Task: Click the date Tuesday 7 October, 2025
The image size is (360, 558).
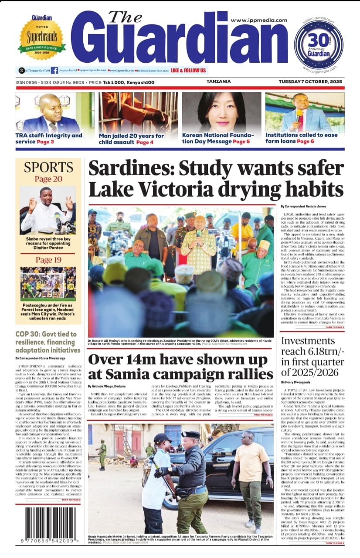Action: [310, 82]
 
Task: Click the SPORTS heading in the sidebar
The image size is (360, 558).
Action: [48, 167]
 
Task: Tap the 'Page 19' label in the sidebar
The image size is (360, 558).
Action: [48, 260]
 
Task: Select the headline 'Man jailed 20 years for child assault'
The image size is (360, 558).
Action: [132, 139]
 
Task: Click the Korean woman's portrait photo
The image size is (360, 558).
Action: [221, 112]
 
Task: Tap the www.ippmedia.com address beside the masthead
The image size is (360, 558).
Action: [259, 20]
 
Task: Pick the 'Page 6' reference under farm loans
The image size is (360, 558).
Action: [306, 141]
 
